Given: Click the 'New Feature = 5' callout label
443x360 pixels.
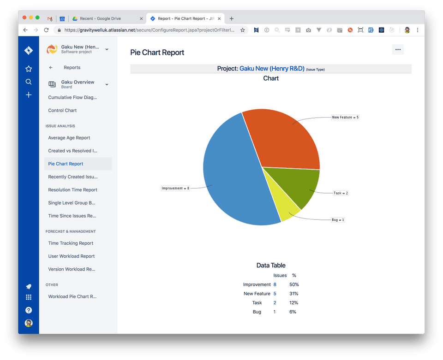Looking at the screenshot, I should tap(345, 118).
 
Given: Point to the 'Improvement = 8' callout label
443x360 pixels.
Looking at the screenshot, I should tap(175, 188).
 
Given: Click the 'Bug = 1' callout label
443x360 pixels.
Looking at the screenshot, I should tap(338, 220).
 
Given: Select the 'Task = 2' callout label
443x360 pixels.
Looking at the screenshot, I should tap(341, 193).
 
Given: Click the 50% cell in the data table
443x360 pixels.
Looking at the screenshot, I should tap(294, 284).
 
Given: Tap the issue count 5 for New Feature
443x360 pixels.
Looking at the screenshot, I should tap(275, 294).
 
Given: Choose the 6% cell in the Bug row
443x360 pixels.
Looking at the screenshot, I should tap(293, 312).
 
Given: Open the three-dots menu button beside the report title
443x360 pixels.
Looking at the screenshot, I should tap(398, 50).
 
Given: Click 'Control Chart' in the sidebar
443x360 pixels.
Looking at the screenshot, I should tap(62, 111).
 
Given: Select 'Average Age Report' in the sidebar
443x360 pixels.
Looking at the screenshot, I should tap(69, 138).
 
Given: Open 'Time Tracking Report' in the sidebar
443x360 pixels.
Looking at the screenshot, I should tap(71, 243).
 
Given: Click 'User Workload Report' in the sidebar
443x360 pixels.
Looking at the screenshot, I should tap(72, 256).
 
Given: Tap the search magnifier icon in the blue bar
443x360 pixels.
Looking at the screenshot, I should tap(29, 82).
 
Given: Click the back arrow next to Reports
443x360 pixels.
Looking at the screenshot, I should tap(51, 68).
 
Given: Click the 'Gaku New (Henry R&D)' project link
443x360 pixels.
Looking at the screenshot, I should tap(272, 69).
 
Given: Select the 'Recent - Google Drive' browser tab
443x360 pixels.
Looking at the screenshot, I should tap(100, 18).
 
